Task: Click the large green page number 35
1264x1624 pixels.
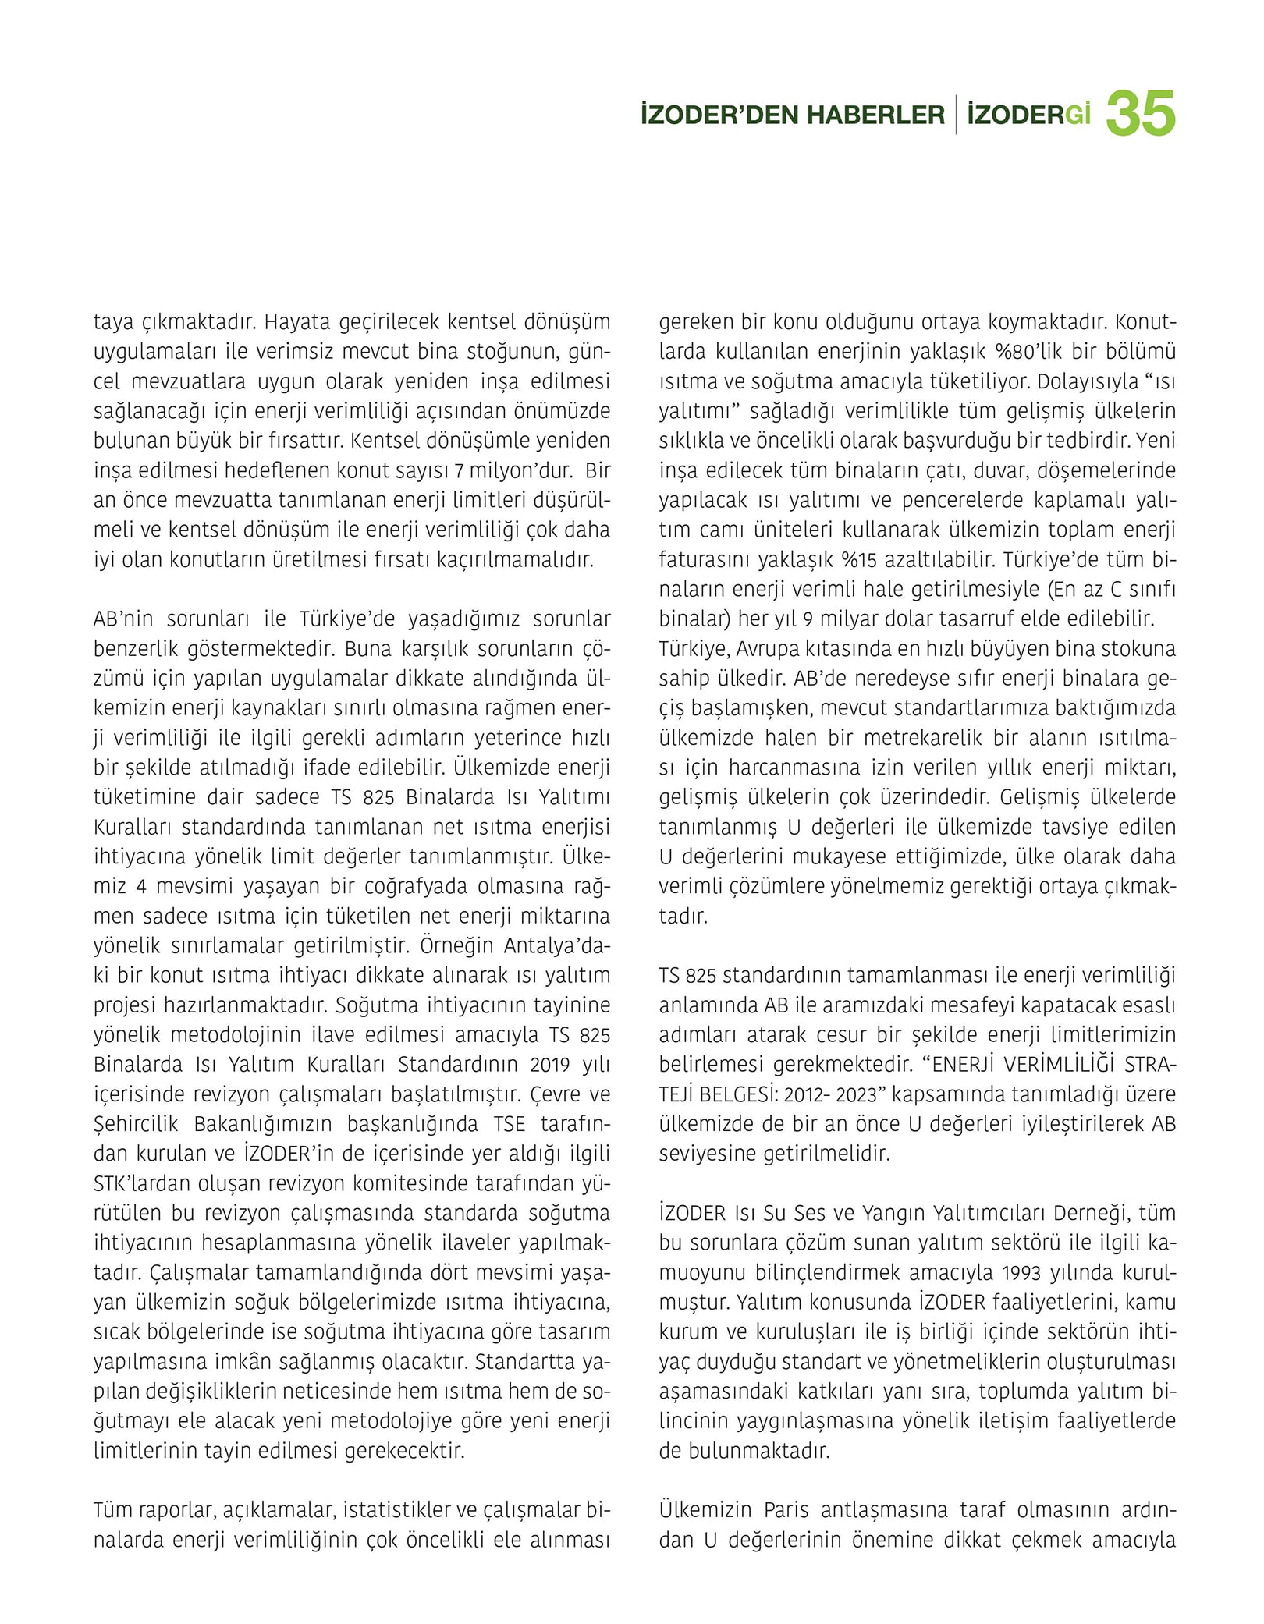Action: coord(1140,114)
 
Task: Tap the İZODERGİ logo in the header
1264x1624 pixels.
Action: coord(1028,115)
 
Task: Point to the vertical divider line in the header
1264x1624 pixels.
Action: coord(956,115)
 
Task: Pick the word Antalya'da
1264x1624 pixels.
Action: coord(557,945)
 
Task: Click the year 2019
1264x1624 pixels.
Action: coord(550,1065)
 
